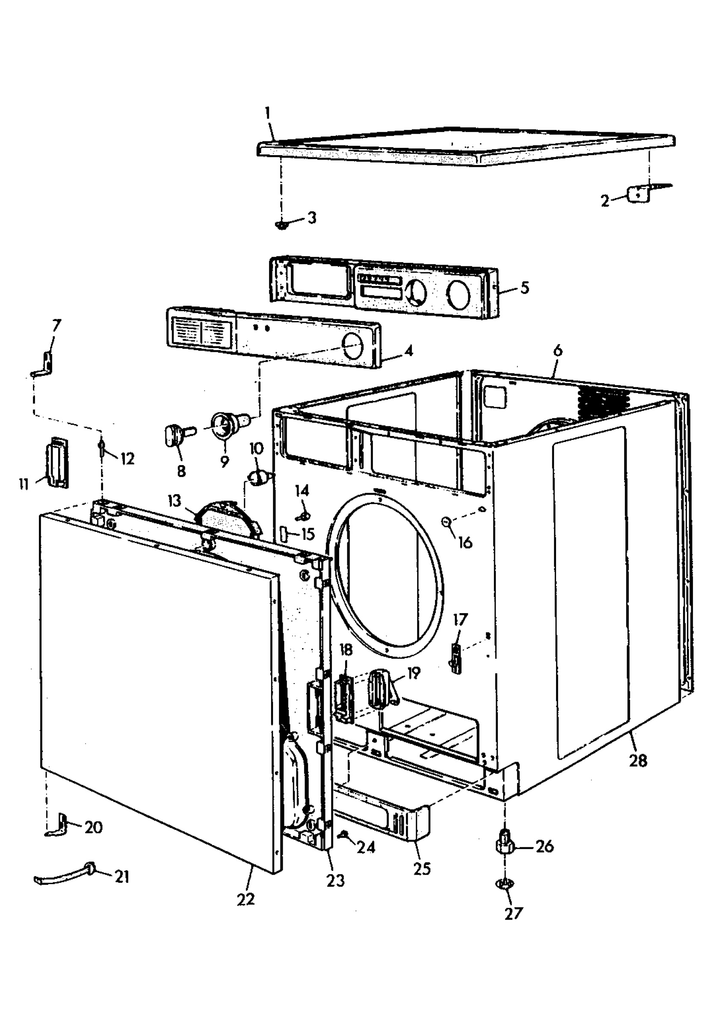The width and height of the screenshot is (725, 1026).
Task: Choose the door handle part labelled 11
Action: click(57, 463)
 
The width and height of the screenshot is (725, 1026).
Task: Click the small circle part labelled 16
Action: click(445, 522)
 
